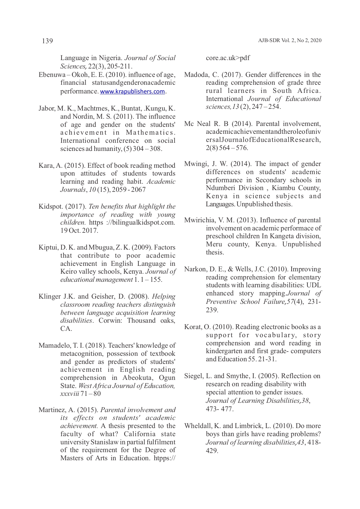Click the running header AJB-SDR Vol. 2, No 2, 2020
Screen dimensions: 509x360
click(290, 41)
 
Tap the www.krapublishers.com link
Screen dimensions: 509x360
click(132, 92)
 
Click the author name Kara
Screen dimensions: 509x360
click(46, 166)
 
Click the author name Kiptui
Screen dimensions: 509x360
click(48, 248)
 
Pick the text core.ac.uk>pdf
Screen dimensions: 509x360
click(228, 58)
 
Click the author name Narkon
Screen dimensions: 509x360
click(195, 269)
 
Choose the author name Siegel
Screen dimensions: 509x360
click(194, 376)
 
